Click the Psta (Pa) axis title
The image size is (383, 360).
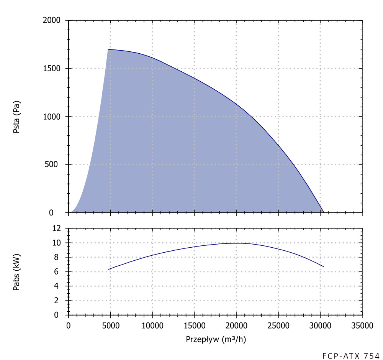(x=16, y=117)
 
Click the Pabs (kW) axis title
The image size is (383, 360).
(x=16, y=272)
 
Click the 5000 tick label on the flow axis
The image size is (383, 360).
(x=110, y=326)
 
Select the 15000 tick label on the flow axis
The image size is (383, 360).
(x=194, y=326)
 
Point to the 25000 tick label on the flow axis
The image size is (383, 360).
(x=278, y=326)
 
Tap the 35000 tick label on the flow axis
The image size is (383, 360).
(x=362, y=326)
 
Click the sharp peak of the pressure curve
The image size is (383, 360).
(x=108, y=49)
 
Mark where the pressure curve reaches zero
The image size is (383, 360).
(x=324, y=212)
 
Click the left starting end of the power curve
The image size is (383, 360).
(x=108, y=270)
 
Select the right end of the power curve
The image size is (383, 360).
(x=324, y=266)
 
